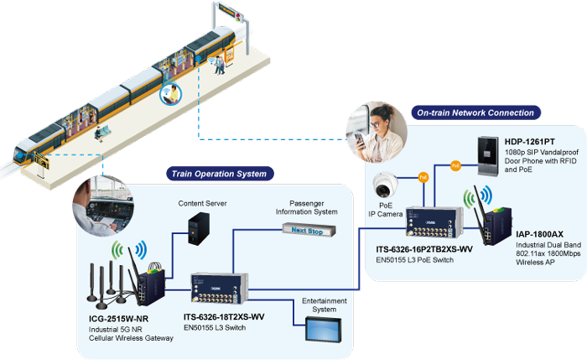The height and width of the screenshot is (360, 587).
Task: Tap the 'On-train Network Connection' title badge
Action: point(475,112)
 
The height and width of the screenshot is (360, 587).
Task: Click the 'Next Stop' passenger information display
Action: point(311,230)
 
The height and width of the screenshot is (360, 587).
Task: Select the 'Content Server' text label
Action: point(202,203)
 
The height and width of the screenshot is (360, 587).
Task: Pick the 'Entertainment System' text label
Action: point(319,303)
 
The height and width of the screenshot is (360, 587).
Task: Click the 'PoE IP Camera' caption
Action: point(385,211)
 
